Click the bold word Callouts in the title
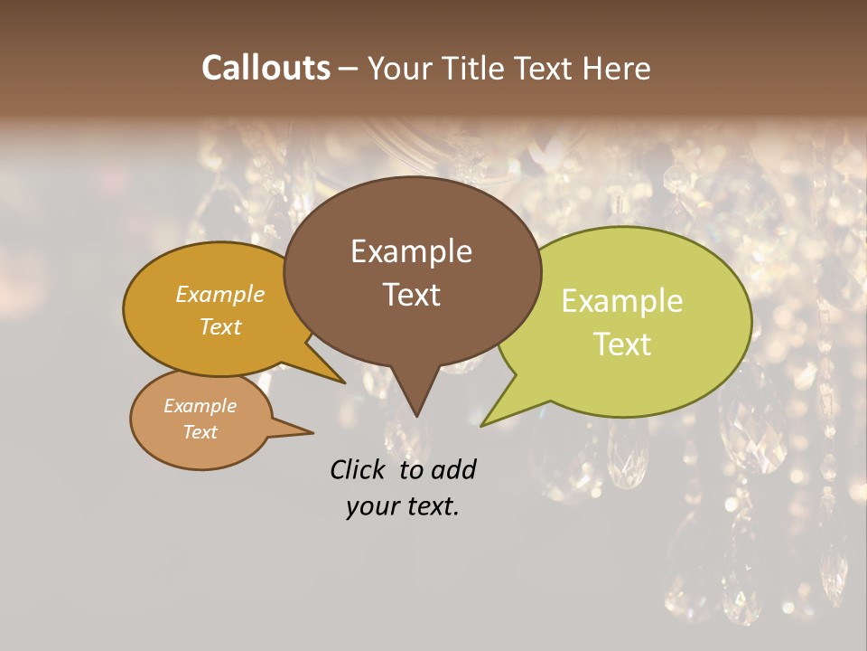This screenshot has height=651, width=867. pos(266,68)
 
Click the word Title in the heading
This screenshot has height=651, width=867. pos(478,68)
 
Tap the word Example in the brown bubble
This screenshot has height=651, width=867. pos(411,251)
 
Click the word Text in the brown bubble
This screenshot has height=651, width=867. pos(411,294)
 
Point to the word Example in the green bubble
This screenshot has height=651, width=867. pos(622,301)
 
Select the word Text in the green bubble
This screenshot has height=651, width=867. pos(622,344)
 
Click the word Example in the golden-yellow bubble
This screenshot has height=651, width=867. pos(220,295)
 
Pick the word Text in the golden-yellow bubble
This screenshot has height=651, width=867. pos(220,326)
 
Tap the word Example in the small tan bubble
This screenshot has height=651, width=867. pos(200,406)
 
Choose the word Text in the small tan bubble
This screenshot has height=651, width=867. pos(200,432)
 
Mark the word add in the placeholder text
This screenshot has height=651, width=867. pos(453,469)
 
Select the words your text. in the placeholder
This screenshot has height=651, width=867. pos(403,506)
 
